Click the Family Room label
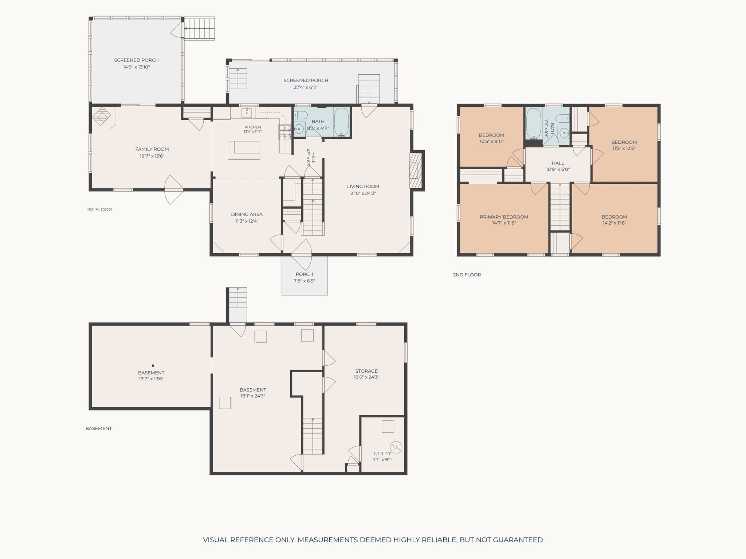click(152, 149)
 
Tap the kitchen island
click(244, 150)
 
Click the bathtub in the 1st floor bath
click(341, 122)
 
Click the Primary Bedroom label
click(504, 217)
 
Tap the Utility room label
click(382, 453)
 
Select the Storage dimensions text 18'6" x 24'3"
click(366, 377)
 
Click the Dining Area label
click(247, 214)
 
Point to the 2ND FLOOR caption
click(467, 275)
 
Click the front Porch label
click(304, 274)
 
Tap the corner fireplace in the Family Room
click(102, 117)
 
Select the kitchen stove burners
click(285, 132)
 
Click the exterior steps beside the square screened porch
click(199, 28)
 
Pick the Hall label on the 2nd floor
click(558, 163)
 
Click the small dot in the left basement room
click(153, 365)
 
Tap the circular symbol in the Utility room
click(396, 447)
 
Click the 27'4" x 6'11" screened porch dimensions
click(306, 87)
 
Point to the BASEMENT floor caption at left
click(99, 428)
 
